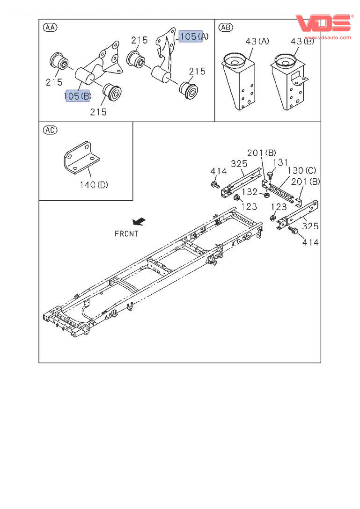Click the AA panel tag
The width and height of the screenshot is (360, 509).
[50, 27]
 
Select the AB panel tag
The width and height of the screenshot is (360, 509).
[226, 27]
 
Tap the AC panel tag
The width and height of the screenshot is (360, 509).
[50, 130]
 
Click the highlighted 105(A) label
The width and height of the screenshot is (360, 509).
[191, 36]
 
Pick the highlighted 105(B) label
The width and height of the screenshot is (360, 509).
[77, 96]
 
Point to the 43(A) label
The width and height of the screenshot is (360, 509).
[257, 42]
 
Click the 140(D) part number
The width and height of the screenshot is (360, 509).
[94, 184]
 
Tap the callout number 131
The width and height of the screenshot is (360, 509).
[280, 163]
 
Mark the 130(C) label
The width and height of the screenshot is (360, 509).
[302, 170]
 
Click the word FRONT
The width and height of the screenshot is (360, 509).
[126, 233]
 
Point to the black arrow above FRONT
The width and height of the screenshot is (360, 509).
[139, 221]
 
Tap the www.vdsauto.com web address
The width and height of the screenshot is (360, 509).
[328, 37]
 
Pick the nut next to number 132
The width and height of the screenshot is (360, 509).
[266, 194]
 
